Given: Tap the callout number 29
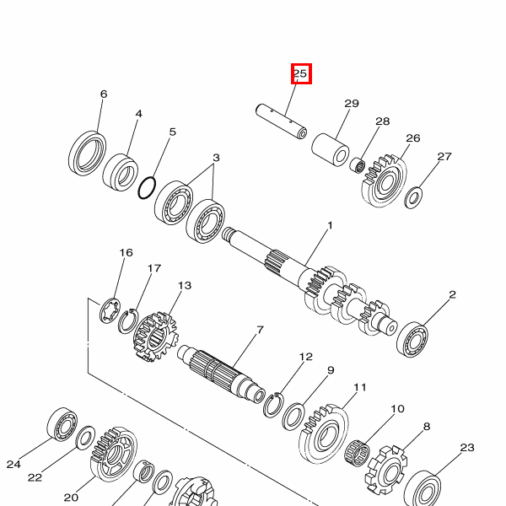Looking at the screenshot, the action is coord(352,104).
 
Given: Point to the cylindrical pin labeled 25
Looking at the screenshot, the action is coord(281,121).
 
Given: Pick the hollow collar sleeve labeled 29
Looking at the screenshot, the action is coord(330,150).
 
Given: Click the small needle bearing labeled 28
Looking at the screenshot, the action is coord(358,164).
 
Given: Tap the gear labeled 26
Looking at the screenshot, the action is coord(384,181).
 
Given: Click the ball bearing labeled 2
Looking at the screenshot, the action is coord(412,339).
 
